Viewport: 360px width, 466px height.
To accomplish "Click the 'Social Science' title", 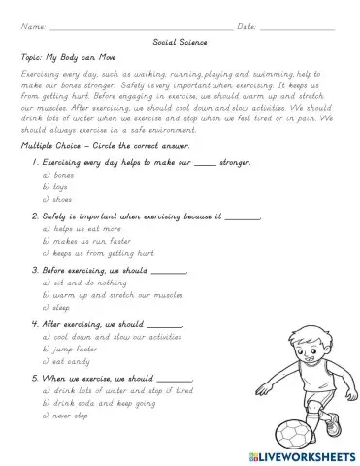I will click(x=180, y=43).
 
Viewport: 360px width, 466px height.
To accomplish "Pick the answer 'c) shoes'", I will click(x=58, y=199).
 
